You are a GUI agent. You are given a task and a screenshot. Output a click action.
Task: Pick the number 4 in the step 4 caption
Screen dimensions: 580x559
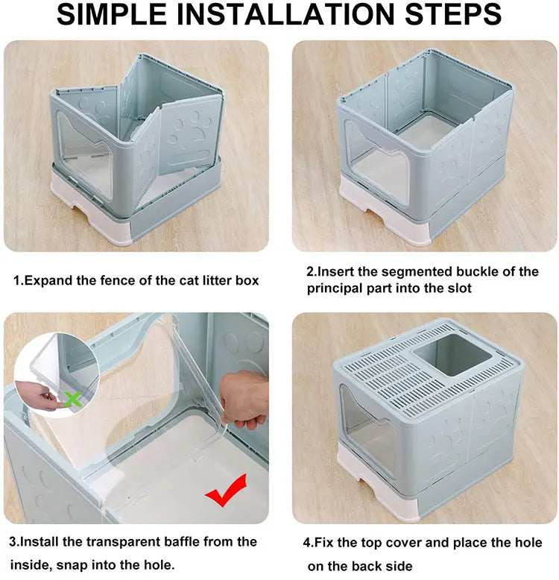309,543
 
